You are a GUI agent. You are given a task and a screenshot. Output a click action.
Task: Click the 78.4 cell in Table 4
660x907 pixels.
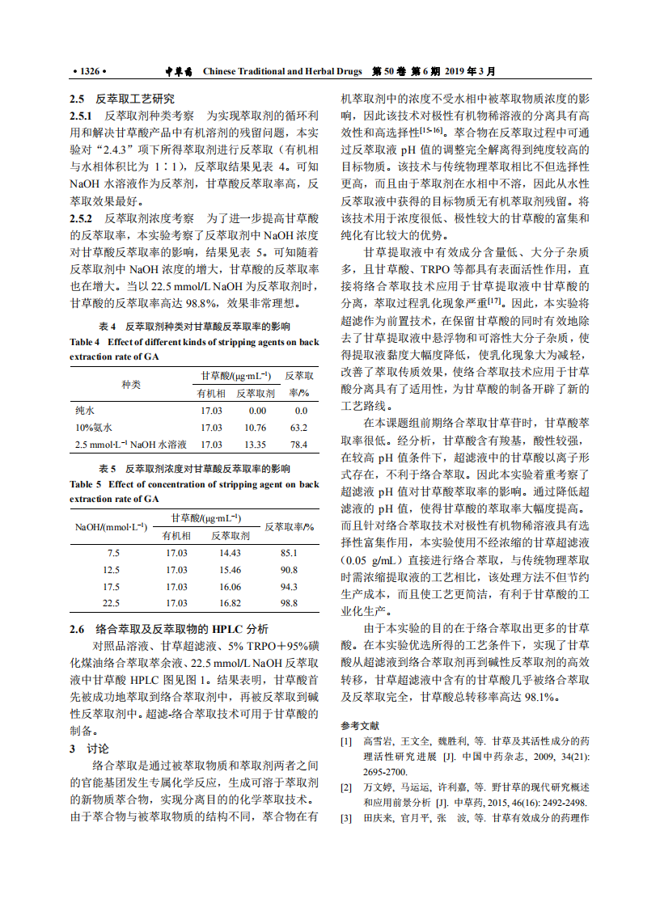click(x=299, y=445)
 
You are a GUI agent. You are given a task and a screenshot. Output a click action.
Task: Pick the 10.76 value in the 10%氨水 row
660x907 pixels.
click(x=256, y=428)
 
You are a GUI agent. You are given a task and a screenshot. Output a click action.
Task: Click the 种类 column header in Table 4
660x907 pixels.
click(x=131, y=384)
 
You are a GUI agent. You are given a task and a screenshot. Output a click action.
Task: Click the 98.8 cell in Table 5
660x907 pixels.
click(x=289, y=603)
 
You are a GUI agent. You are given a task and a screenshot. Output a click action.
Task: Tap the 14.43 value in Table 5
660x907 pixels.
click(x=231, y=553)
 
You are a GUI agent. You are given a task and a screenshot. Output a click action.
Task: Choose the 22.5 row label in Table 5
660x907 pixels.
click(x=112, y=603)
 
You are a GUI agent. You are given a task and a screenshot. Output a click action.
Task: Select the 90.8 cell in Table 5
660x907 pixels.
click(x=289, y=570)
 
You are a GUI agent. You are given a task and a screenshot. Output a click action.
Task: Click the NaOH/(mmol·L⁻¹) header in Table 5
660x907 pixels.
click(x=112, y=526)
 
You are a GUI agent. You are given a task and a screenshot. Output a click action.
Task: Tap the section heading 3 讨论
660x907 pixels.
click(x=90, y=749)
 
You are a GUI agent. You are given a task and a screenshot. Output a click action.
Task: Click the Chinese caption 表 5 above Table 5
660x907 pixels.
click(x=108, y=469)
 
